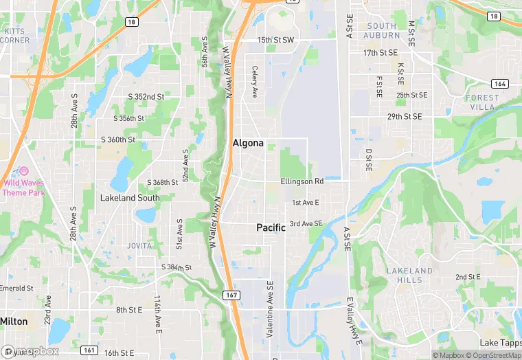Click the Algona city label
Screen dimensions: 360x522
pos(248,144)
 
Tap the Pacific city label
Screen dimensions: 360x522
pos(271,227)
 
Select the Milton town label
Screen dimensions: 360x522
pos(14,321)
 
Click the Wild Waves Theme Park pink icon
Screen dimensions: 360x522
pos(23,170)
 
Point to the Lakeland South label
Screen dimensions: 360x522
pos(129,198)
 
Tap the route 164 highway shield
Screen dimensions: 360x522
pos(500,84)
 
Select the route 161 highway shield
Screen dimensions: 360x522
pos(89,350)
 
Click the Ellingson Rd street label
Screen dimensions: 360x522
pos(302,181)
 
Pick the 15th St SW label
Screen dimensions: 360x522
pos(275,41)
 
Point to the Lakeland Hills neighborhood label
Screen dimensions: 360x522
pos(409,275)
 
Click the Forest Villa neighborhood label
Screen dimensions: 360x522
pos(482,102)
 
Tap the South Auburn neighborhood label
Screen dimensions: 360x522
pos(382,30)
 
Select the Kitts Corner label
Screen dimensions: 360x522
pos(16,36)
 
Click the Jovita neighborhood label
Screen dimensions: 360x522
pos(140,245)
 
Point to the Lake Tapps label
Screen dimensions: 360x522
pos(499,343)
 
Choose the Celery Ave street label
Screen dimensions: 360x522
pos(254,82)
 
